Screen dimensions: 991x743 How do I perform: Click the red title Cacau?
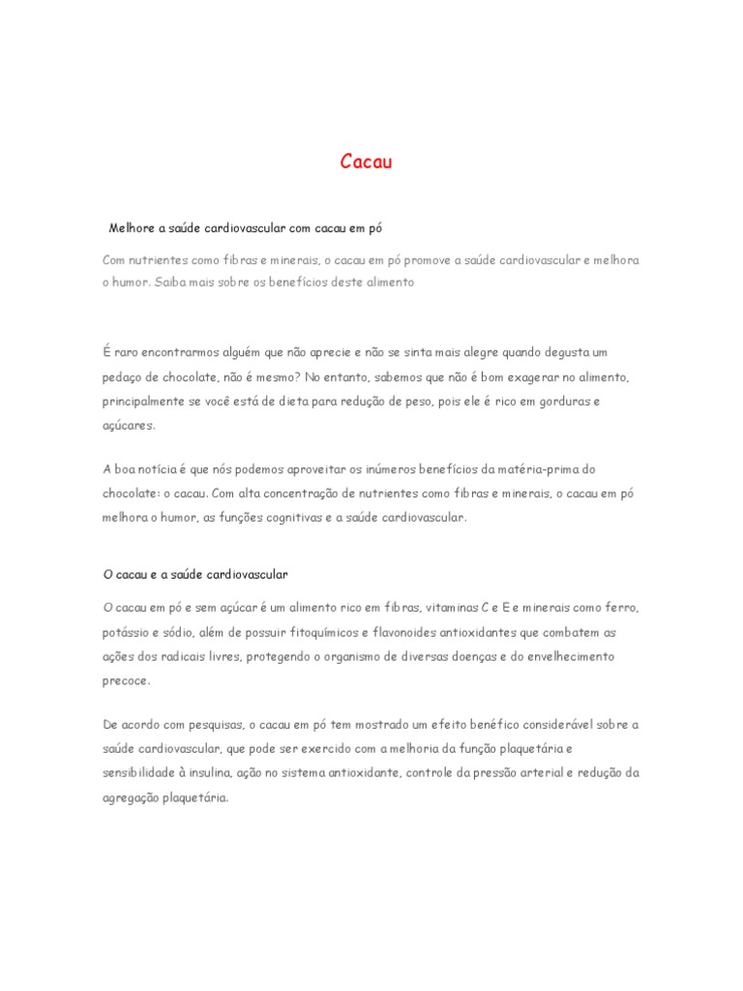tap(367, 162)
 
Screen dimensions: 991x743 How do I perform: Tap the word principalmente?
tap(140, 400)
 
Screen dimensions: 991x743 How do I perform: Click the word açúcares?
tap(129, 424)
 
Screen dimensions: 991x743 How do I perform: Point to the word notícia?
tap(158, 469)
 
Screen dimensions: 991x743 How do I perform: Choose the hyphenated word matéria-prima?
tap(554, 469)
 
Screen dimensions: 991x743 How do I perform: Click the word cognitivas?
tap(283, 517)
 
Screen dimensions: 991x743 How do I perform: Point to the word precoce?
tap(126, 679)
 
